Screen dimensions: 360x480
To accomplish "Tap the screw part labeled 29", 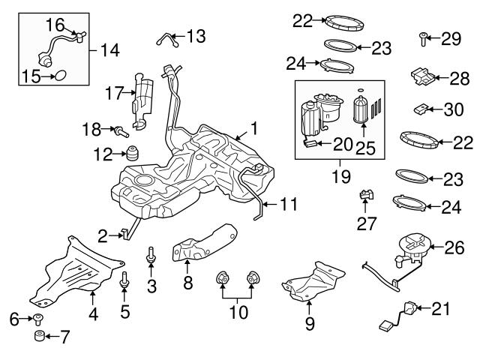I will [x=424, y=37].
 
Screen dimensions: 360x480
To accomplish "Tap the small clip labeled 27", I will [x=365, y=196].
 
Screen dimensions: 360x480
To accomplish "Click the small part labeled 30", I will [x=421, y=110].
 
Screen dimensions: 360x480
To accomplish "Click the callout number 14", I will [x=109, y=50].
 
